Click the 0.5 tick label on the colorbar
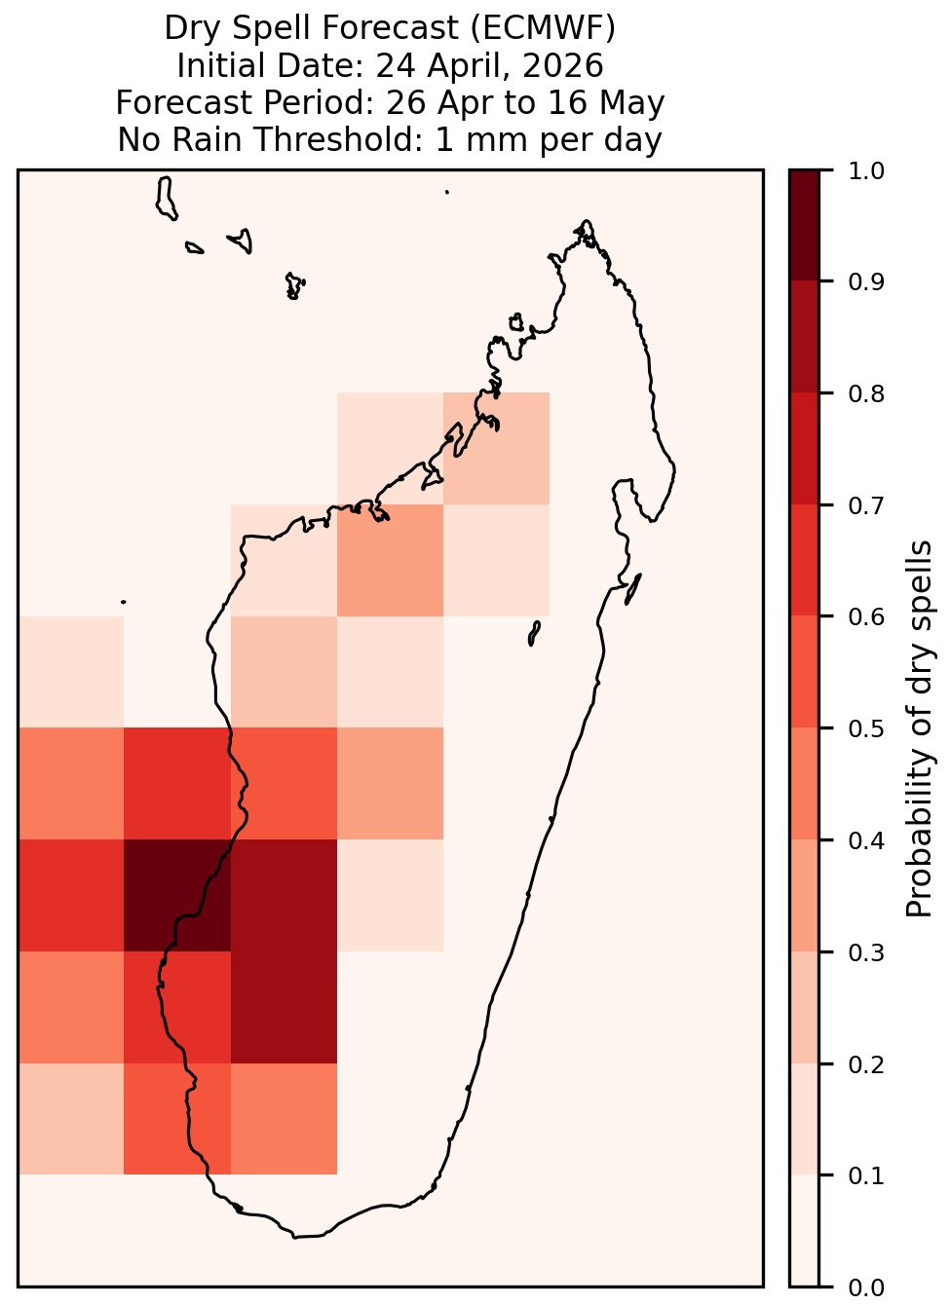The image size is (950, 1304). tap(866, 728)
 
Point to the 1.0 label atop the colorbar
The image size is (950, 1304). tap(866, 171)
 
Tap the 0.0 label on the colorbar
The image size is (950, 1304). tap(866, 1288)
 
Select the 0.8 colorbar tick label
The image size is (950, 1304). tap(866, 394)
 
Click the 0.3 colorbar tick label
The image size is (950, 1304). tap(866, 953)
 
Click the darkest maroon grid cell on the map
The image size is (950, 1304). tap(177, 896)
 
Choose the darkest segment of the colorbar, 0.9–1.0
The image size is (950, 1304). tap(805, 225)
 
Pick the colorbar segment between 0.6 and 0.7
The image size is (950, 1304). tap(805, 561)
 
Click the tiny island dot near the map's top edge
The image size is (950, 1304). tap(447, 192)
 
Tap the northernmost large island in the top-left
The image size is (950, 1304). tap(166, 199)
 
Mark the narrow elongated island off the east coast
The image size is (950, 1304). tap(633, 589)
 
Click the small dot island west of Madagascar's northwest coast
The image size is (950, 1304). tap(123, 602)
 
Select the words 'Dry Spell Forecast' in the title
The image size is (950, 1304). tap(312, 28)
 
